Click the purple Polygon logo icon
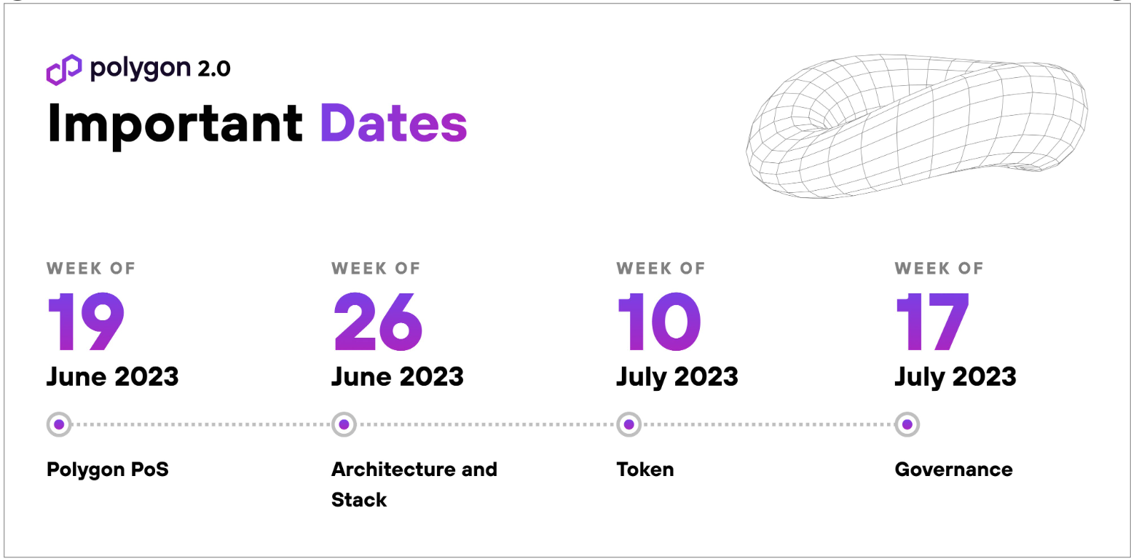(63, 70)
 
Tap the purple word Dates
(393, 124)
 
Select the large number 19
(86, 322)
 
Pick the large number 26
(378, 322)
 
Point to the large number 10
(659, 322)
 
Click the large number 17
(932, 322)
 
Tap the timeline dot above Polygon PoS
(59, 424)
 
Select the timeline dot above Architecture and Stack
(344, 424)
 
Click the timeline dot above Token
(629, 424)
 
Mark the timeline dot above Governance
(907, 424)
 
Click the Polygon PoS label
(108, 469)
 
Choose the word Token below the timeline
(645, 469)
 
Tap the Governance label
(954, 469)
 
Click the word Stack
(359, 500)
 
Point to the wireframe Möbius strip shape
(916, 126)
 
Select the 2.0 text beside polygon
(214, 69)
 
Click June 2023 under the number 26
(398, 377)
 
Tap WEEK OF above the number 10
(661, 269)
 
